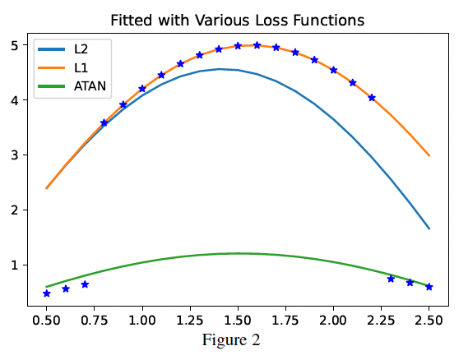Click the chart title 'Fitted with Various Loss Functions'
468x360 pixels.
[238, 18]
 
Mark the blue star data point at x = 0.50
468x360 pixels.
[47, 293]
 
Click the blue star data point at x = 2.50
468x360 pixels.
[429, 287]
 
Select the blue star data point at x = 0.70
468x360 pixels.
[85, 284]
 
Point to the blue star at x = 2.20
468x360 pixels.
[372, 98]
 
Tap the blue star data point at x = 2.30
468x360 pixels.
[391, 279]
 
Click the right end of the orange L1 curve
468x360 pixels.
[429, 155]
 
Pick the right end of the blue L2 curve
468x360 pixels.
[429, 228]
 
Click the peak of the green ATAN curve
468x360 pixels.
[239, 253]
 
